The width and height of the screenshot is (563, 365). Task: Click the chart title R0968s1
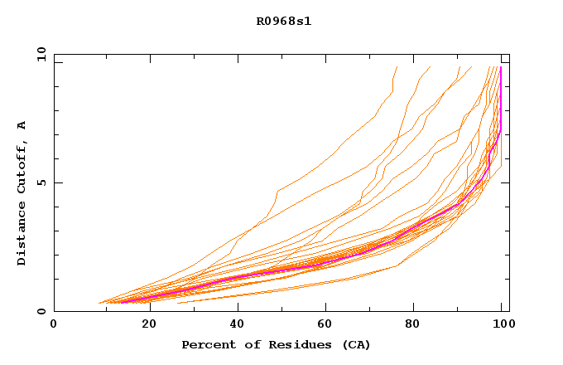[284, 21]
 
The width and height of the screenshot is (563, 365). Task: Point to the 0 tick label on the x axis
[54, 324]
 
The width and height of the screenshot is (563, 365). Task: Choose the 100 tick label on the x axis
[503, 324]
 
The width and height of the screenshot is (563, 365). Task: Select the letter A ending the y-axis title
[22, 125]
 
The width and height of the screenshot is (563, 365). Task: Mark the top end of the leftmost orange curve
[397, 67]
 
